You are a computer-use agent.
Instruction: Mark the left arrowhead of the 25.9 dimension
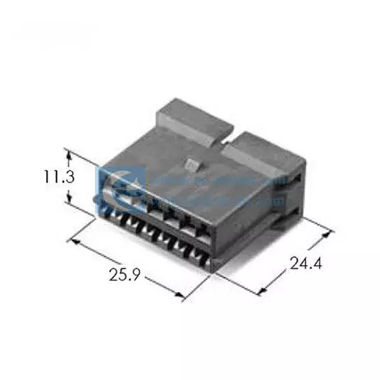(x=72, y=241)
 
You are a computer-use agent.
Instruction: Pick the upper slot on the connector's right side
(x=297, y=181)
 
